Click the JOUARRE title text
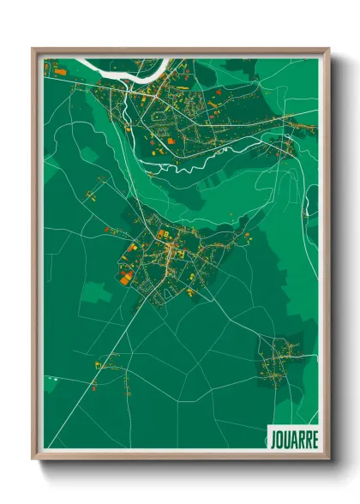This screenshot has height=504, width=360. pos(293,438)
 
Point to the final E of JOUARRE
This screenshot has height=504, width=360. pos(315,438)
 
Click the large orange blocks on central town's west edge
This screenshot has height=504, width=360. pos(126,276)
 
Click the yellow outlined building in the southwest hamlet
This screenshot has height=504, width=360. pos(98,365)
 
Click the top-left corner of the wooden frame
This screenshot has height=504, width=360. pos(33,49)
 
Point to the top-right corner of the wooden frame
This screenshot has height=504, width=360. pos(328,49)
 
